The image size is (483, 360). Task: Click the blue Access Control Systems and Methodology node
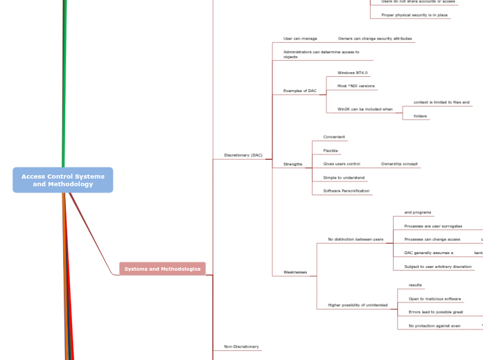pos(62,180)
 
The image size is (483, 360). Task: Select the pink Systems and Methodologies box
pos(162,269)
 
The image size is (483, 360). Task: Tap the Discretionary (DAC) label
pos(243,155)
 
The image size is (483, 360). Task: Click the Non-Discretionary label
pos(241,346)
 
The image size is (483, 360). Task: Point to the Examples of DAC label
pos(299,91)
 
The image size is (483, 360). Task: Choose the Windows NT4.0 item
pos(352,73)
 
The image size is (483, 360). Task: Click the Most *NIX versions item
pos(355,86)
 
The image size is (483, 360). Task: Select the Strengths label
pos(292,164)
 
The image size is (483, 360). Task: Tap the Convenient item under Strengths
pos(334,137)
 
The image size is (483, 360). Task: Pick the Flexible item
pos(331,150)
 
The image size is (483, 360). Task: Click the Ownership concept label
pos(399,164)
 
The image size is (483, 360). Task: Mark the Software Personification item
pos(346,190)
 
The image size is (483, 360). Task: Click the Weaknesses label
pos(295,272)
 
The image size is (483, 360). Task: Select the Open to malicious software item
pos(434,298)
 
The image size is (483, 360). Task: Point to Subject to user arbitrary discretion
pos(437,267)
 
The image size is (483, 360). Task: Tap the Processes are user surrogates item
pos(433,226)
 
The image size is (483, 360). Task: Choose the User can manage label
pos(300,39)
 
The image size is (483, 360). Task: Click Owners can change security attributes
pos(375,39)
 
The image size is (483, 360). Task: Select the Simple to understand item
pos(344,177)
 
